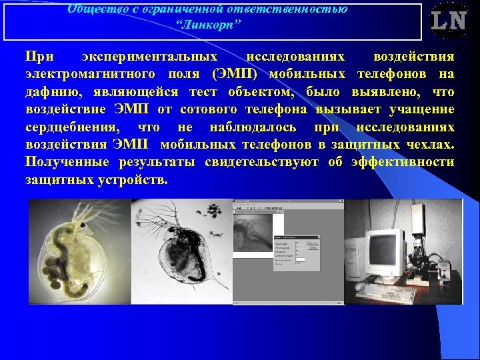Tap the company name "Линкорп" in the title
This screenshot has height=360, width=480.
(x=209, y=25)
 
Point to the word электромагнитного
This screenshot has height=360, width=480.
(x=91, y=74)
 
